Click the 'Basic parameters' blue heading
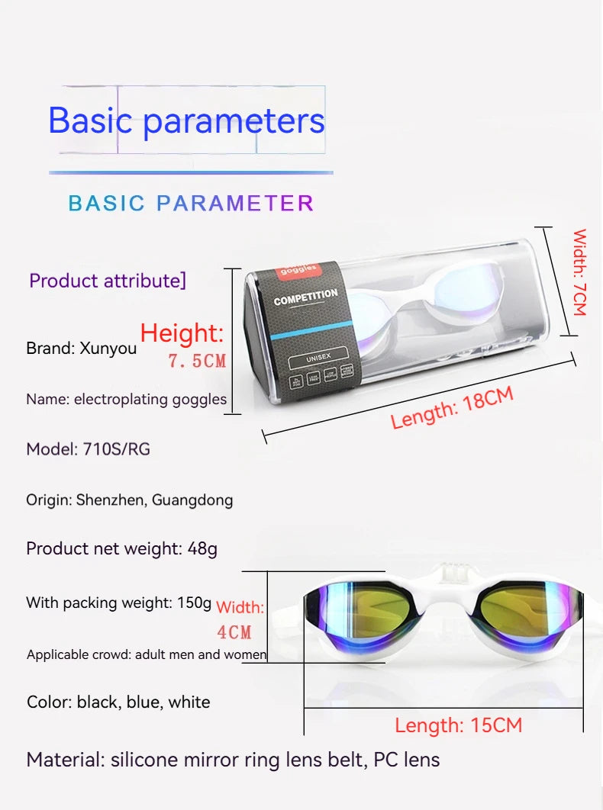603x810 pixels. pos(186,121)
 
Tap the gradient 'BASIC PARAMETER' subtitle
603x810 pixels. pos(191,203)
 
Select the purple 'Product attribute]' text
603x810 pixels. pos(108,281)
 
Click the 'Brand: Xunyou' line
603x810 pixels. pos(82,349)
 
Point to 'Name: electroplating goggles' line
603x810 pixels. pos(126,399)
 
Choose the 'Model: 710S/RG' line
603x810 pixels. pos(88,449)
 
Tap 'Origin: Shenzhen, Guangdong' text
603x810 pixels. pos(129,500)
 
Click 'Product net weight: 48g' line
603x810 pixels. pos(121,548)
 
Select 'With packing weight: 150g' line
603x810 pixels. pos(118,603)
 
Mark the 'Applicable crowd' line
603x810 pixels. pos(147,654)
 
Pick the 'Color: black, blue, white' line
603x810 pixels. pos(118,702)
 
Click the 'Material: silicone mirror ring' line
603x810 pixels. pos(233,760)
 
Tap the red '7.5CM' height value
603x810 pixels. pos(197,361)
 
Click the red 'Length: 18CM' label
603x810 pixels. pos(452,408)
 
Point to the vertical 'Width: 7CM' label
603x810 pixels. pos(579,272)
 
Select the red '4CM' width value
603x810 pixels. pos(234,632)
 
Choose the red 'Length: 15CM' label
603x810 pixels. pos(458,725)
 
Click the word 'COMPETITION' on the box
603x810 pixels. pos(305,297)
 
